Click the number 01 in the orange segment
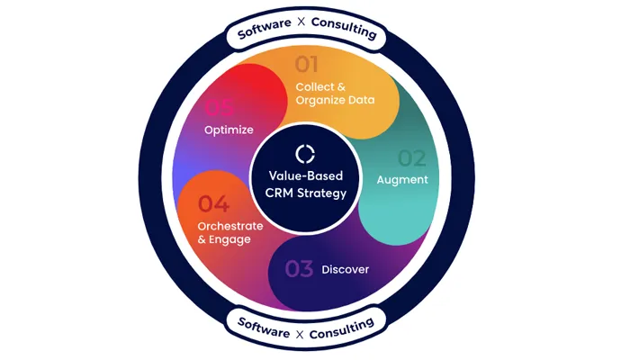(x=308, y=65)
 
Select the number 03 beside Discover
(x=300, y=268)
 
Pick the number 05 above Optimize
(x=220, y=108)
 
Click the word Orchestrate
(x=230, y=226)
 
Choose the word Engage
(x=232, y=240)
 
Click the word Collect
(x=316, y=86)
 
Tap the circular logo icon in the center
(x=306, y=153)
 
